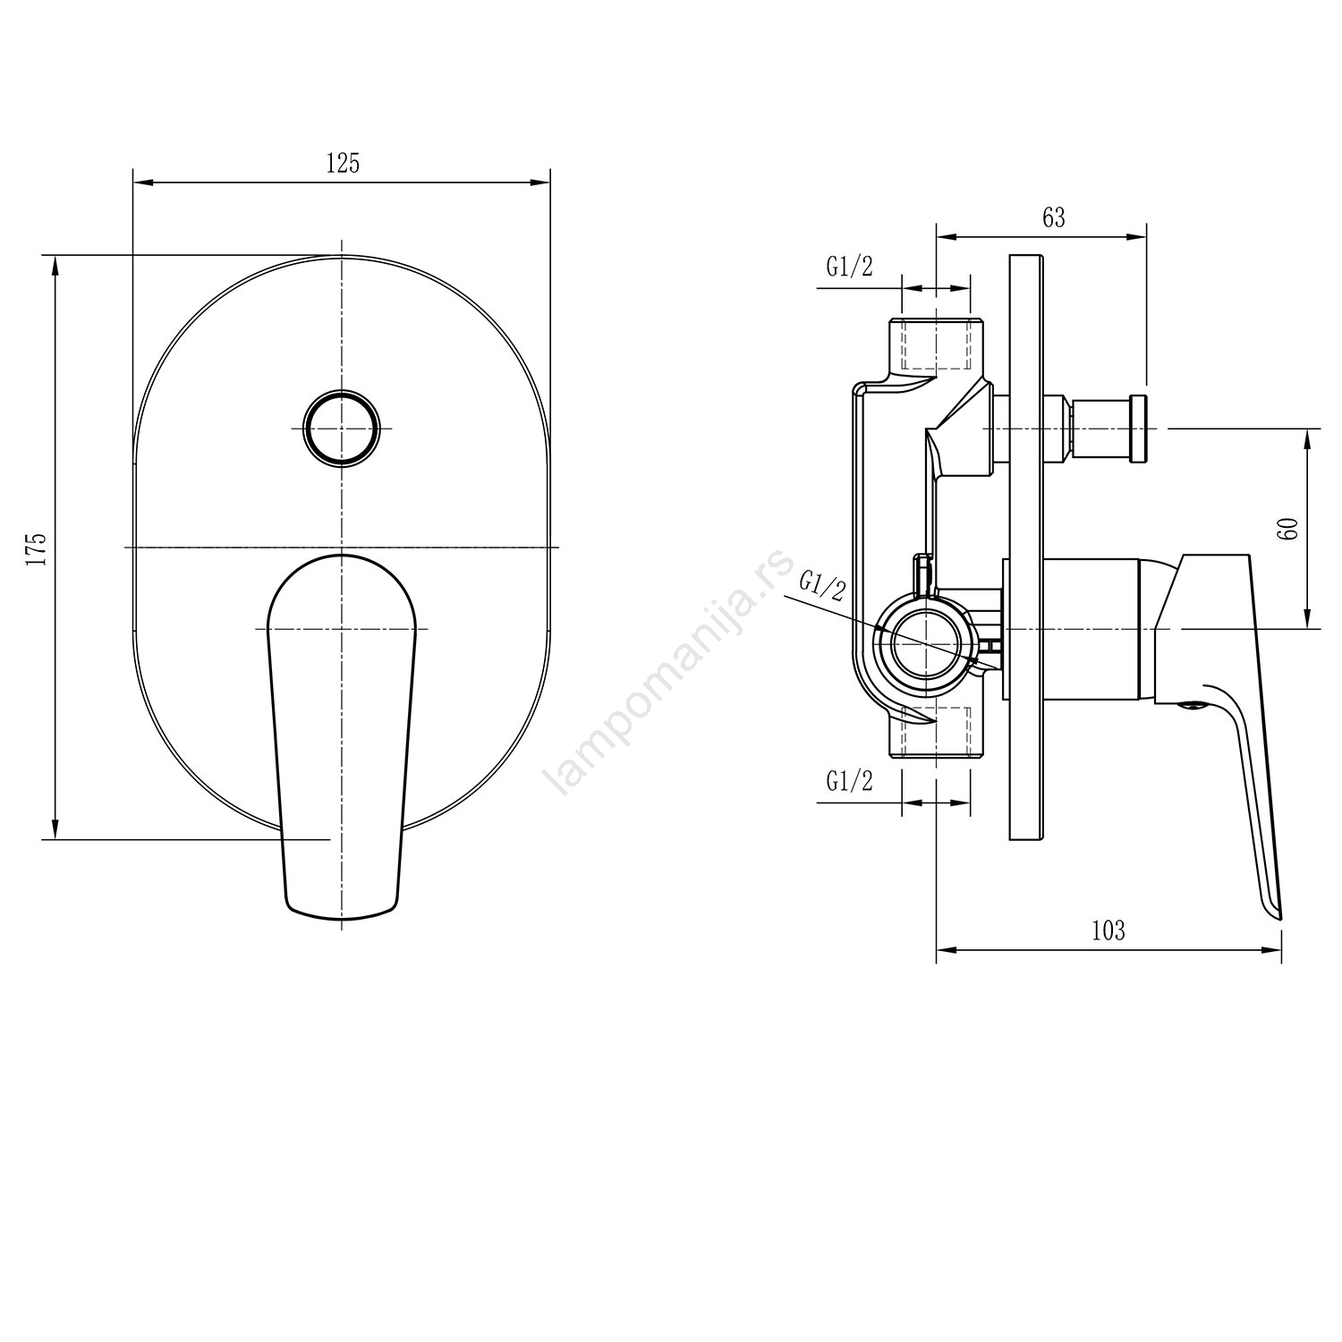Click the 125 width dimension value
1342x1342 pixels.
click(x=342, y=164)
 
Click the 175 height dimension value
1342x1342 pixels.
click(x=36, y=548)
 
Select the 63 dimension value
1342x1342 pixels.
click(x=1054, y=217)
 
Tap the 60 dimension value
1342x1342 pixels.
click(x=1289, y=528)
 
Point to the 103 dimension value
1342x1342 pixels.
click(x=1108, y=930)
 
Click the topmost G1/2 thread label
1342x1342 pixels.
click(x=849, y=267)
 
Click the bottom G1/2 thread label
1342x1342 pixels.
click(x=849, y=781)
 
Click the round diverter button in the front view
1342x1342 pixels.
click(x=341, y=428)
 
